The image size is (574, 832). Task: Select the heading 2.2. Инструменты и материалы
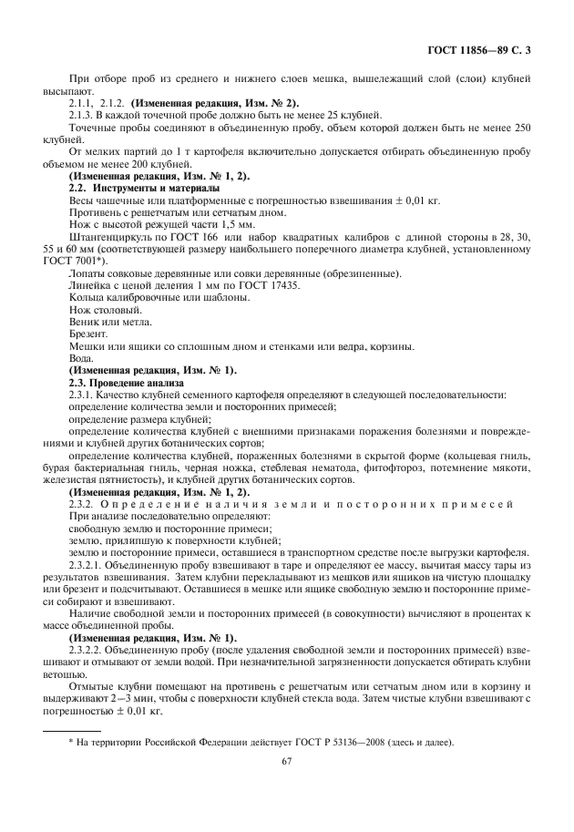tap(138, 187)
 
